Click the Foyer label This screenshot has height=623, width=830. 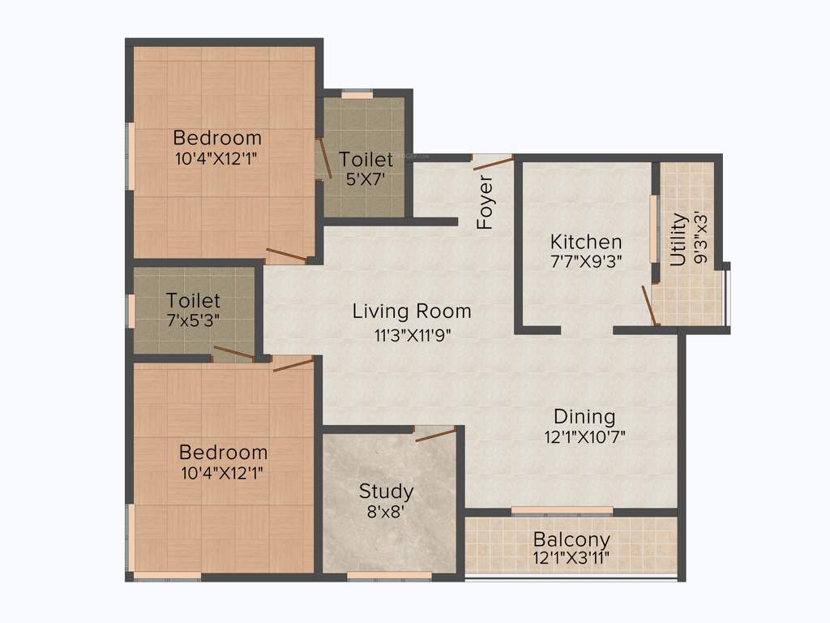pos(485,202)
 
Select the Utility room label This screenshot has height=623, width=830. pos(678,239)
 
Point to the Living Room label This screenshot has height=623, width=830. pos(412,311)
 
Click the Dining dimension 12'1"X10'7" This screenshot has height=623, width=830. pos(584,436)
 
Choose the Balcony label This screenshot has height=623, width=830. pos(571,539)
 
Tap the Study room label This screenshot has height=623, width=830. pos(387,491)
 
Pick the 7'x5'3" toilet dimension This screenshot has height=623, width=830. pos(193,320)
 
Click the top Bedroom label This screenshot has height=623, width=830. pos(217,137)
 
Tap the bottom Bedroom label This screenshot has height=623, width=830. pos(223,452)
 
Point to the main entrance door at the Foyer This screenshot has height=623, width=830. pos(493,162)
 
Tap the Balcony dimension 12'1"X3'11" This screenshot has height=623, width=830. pos(571,558)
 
